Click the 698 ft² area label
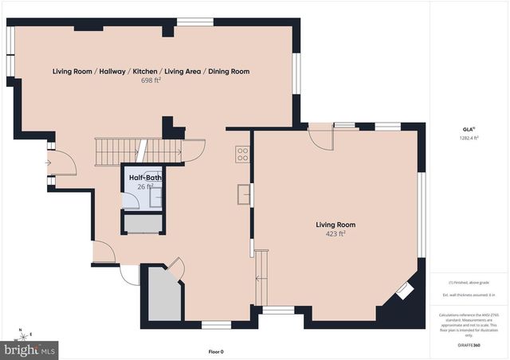click(151, 81)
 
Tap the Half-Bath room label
click(143, 178)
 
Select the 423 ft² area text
click(334, 234)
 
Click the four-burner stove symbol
click(242, 154)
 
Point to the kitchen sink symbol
click(244, 193)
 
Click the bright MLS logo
click(30, 349)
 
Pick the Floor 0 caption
click(217, 351)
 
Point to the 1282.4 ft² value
click(469, 138)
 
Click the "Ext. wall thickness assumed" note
click(469, 295)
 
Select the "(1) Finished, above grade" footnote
click(469, 282)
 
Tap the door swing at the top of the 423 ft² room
click(320, 136)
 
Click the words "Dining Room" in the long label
click(229, 72)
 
